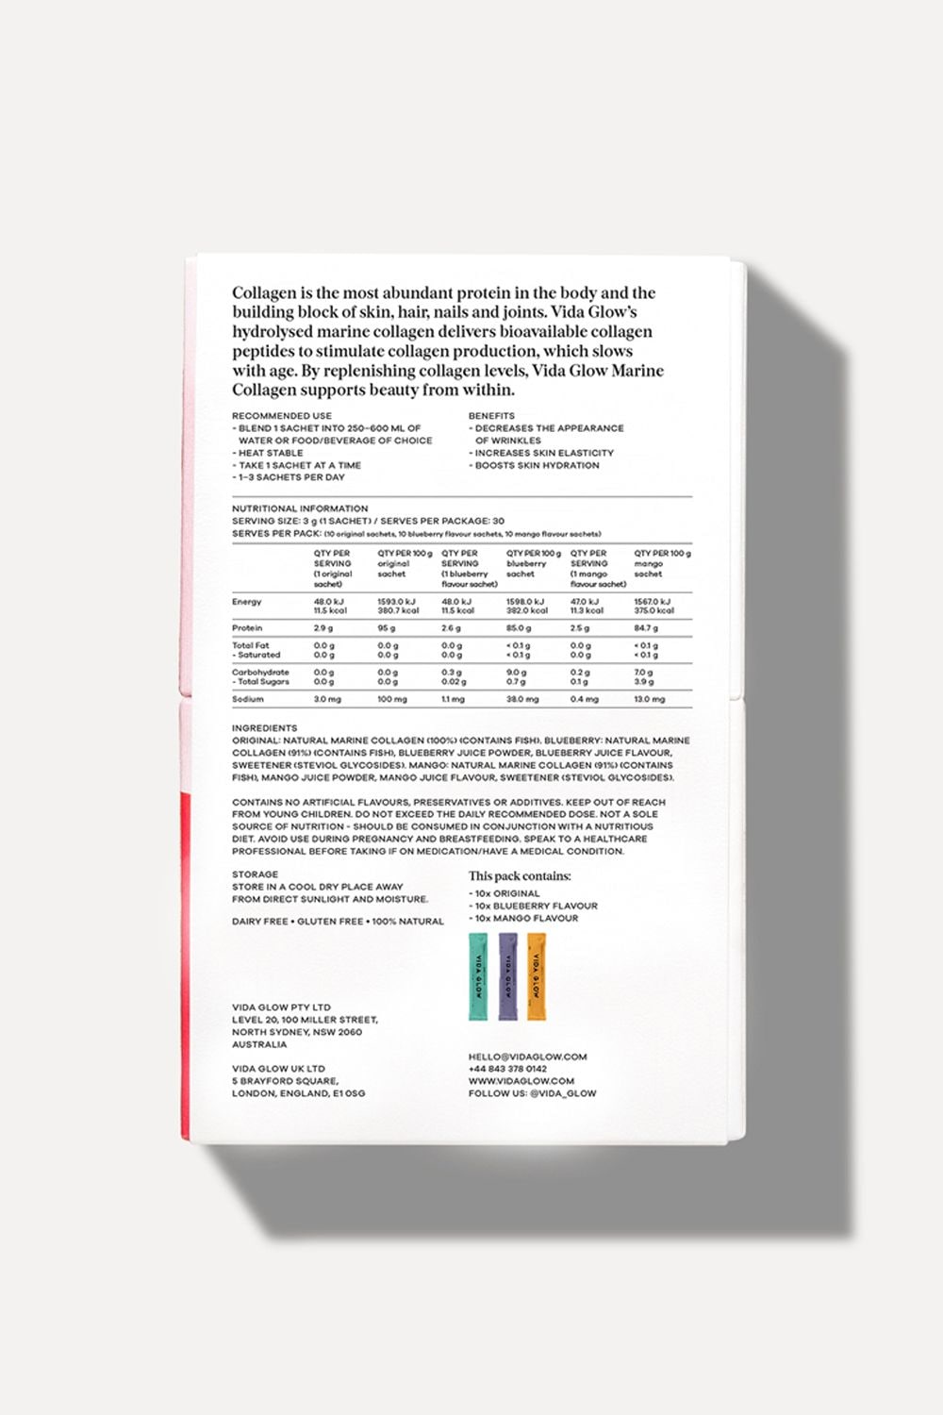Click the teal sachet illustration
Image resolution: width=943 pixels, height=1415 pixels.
point(478,977)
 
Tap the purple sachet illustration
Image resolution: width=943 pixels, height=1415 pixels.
point(507,977)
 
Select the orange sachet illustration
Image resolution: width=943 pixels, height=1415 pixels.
point(536,977)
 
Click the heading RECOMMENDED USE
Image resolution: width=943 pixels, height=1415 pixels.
point(282,416)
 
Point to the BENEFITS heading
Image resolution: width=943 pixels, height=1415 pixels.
point(491,416)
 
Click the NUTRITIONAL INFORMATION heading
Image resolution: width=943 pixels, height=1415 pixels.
point(300,508)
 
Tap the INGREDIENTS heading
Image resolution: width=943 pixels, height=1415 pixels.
point(265,728)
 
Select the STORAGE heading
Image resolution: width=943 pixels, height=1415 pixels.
point(255,874)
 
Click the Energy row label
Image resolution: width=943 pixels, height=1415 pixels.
point(247,602)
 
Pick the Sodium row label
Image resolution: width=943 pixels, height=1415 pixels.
point(248,700)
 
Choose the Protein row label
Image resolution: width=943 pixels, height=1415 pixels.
point(248,628)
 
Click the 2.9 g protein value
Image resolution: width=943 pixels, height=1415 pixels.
point(323,628)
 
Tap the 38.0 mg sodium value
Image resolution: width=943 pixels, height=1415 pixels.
point(522,700)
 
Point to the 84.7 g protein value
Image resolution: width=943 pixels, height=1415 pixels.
point(647,628)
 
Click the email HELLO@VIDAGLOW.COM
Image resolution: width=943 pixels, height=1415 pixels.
point(527,1057)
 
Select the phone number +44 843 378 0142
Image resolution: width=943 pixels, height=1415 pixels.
point(507,1069)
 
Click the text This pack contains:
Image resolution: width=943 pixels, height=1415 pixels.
point(520,876)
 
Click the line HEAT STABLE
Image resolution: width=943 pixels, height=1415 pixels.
point(271,453)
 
